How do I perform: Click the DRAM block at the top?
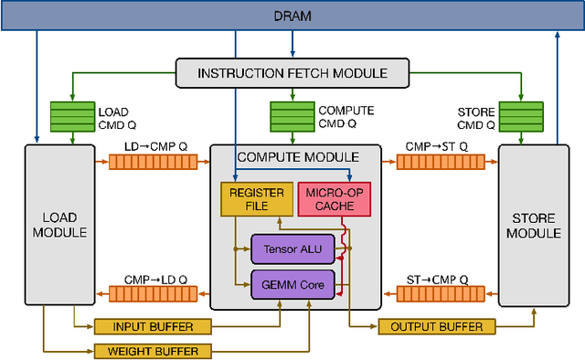pyautogui.click(x=292, y=16)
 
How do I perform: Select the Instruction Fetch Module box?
pyautogui.click(x=292, y=73)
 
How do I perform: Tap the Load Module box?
pyautogui.click(x=59, y=225)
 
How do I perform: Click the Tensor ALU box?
pyautogui.click(x=292, y=249)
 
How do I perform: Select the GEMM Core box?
pyautogui.click(x=292, y=283)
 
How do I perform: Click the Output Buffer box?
pyautogui.click(x=437, y=327)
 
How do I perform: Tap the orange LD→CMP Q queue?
pyautogui.click(x=153, y=162)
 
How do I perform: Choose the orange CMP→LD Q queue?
pyautogui.click(x=153, y=293)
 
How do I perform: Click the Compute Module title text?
pyautogui.click(x=298, y=157)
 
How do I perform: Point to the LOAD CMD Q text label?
pyautogui.click(x=117, y=119)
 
